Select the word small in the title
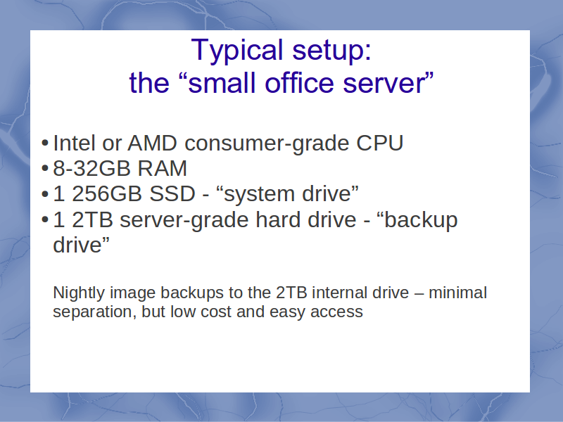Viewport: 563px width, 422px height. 222,83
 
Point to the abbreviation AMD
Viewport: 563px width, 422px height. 152,143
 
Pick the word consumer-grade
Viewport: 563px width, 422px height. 267,144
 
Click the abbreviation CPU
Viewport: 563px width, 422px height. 380,143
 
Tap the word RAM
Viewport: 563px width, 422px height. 163,168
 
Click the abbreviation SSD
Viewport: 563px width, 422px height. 172,194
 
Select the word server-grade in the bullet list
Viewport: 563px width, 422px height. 184,220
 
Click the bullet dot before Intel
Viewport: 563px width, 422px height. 45,143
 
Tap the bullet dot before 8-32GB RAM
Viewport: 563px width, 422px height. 45,168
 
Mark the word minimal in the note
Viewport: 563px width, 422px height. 458,293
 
